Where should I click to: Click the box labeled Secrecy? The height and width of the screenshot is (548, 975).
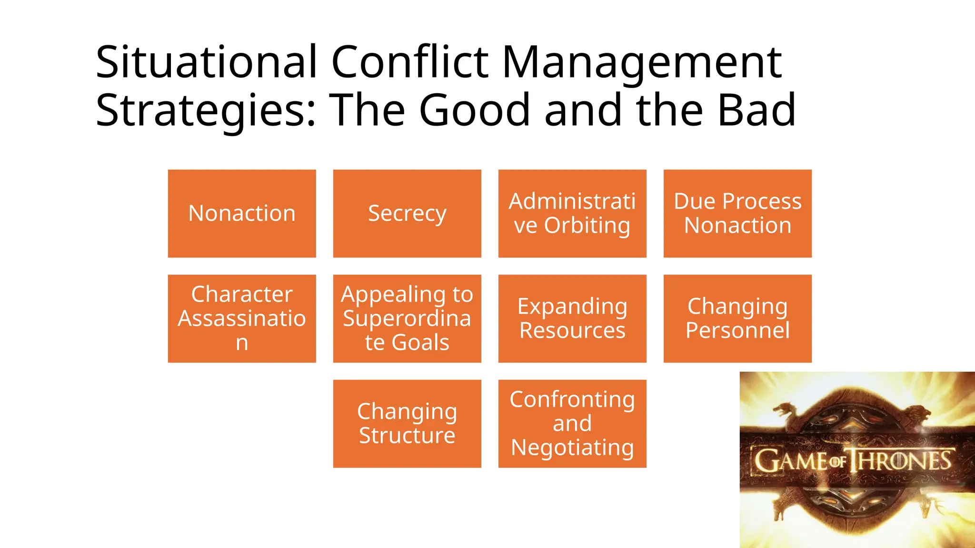pos(407,214)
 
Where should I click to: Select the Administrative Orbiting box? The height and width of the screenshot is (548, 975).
pos(572,214)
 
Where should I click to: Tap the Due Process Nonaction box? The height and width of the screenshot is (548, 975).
pos(737,214)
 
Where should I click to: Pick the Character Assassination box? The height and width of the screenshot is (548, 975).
pos(242,318)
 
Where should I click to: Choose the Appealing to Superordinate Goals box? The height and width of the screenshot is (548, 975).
pos(407,318)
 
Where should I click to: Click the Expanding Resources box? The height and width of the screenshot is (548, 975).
pos(572,318)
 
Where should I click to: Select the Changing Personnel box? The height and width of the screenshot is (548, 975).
pos(737,318)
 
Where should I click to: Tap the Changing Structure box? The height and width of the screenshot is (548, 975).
pos(407,423)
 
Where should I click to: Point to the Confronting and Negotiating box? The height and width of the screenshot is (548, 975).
pos(572,423)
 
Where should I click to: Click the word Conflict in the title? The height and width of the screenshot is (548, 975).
pos(409,62)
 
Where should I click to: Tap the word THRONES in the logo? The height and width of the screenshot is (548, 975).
pos(901,461)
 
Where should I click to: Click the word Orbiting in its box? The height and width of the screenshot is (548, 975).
pos(587,226)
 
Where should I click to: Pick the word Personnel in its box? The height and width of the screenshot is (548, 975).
pos(737,330)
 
